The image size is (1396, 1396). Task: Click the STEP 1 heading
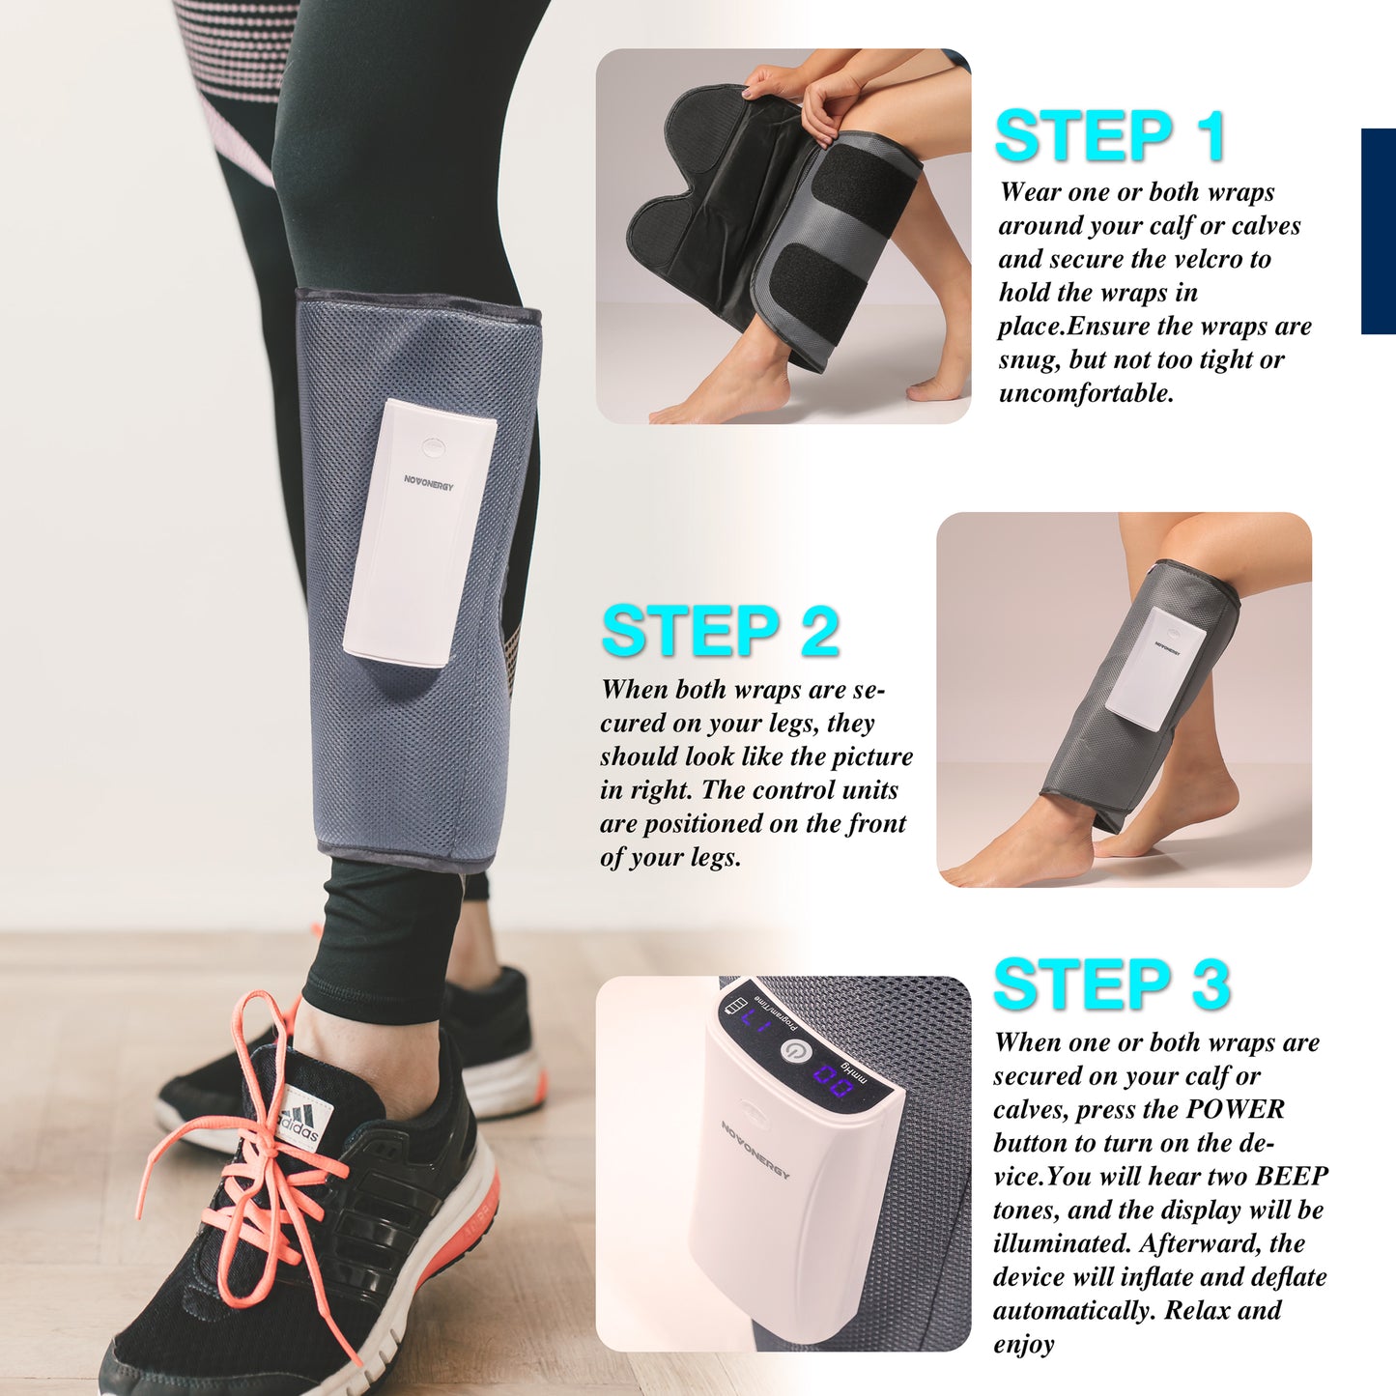1110,135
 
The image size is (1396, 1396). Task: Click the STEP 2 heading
720,631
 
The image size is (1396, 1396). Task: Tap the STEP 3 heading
1112,983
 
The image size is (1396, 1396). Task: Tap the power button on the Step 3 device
796,1052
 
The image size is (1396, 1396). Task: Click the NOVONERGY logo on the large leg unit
429,482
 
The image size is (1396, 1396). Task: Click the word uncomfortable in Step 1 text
1086,393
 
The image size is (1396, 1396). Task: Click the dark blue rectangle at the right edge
1379,231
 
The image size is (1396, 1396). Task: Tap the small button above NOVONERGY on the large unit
432,446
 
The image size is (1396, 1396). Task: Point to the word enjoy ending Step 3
1024,1346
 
